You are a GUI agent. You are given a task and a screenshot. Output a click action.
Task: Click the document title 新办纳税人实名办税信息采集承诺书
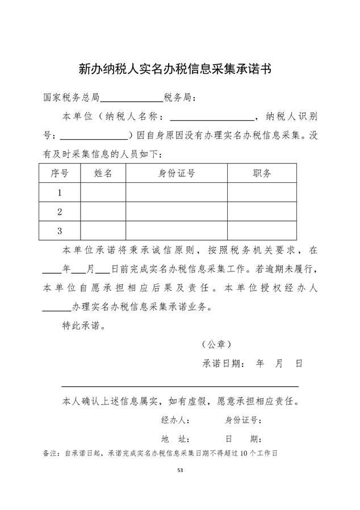(174, 69)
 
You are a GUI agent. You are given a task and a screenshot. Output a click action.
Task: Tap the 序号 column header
(60, 173)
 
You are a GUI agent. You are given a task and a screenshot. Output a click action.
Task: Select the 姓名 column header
(103, 173)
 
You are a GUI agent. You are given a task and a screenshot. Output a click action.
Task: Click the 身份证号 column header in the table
(177, 173)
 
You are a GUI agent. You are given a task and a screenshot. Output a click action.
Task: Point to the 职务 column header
(262, 173)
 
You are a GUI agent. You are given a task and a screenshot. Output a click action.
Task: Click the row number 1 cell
(60, 193)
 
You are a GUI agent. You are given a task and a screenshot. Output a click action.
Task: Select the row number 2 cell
(60, 212)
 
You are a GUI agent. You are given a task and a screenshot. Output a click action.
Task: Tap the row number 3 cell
(60, 231)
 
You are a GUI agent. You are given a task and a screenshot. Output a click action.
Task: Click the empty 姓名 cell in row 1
(103, 193)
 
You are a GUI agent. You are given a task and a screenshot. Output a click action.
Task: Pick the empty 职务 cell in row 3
(262, 231)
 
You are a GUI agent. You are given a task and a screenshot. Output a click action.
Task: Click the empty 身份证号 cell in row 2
(177, 212)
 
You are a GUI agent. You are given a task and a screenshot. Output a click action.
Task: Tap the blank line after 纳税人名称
(212, 118)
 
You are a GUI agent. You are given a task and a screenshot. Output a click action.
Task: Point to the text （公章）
(216, 345)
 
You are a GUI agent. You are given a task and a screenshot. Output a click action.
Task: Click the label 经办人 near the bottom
(175, 421)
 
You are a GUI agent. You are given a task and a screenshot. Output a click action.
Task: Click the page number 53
(180, 470)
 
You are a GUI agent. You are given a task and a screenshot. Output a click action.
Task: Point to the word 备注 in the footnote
(51, 453)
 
